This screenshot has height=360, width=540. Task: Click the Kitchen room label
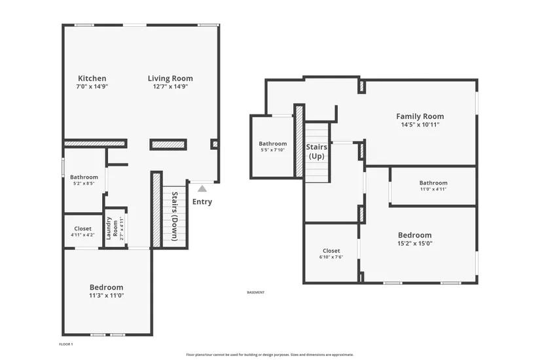(92, 79)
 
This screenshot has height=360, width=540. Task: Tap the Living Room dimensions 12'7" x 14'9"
(170, 86)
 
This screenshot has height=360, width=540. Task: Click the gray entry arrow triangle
(202, 189)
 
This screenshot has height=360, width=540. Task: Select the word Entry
(202, 202)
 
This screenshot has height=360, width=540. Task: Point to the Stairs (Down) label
(175, 216)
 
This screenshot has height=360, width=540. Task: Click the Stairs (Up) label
(317, 152)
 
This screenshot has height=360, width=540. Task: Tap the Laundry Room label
(112, 228)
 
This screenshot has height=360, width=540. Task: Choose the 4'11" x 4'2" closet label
(83, 231)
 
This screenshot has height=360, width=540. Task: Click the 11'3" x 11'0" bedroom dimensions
(107, 295)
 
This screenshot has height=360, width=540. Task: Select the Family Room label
(420, 117)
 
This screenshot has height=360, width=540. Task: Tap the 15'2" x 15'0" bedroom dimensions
(414, 243)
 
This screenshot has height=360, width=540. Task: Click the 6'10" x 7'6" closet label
(331, 253)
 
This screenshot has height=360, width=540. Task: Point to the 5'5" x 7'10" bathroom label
(273, 147)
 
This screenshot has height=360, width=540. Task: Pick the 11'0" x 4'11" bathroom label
(433, 185)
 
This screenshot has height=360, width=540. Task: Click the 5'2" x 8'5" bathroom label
(84, 180)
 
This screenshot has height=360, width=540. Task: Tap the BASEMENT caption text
(256, 293)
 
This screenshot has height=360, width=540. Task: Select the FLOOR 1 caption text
(66, 344)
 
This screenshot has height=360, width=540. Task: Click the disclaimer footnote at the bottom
(270, 355)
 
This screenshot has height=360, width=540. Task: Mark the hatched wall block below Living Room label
(168, 145)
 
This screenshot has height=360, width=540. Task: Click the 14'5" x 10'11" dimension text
(420, 125)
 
